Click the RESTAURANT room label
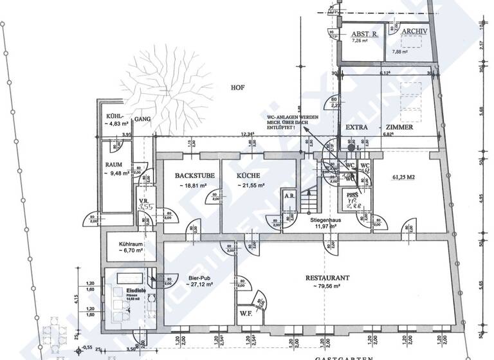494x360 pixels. tap(327, 278)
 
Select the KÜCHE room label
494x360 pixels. tap(248, 175)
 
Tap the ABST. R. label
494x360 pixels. tap(363, 34)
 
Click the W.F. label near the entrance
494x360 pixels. tap(245, 314)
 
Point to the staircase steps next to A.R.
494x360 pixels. tap(310, 199)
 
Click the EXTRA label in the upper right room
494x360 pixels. tap(356, 127)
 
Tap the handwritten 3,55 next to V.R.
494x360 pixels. tap(146, 207)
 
